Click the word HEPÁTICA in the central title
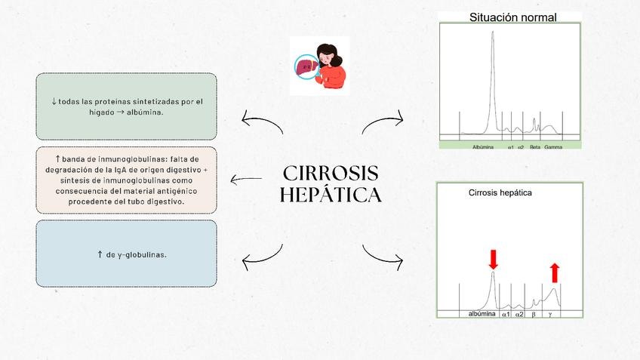[330, 195]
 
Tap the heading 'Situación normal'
[512, 17]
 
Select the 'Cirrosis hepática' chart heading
[500, 192]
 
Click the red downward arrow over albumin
[494, 260]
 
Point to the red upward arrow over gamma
[555, 272]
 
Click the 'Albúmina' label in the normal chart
[482, 147]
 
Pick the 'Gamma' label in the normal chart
[553, 147]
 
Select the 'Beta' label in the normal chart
[534, 147]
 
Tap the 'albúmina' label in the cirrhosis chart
[482, 313]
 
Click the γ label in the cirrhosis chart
[550, 313]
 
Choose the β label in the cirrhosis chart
[533, 313]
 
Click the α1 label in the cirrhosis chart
[506, 313]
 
